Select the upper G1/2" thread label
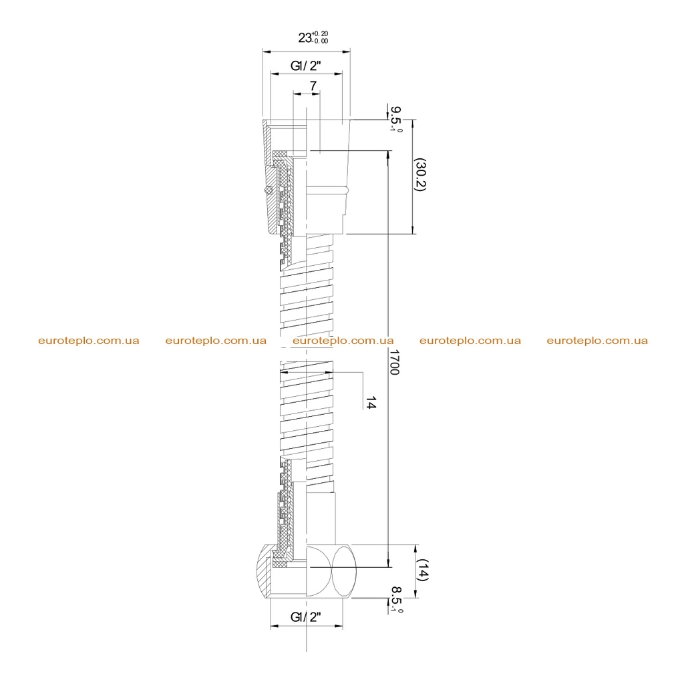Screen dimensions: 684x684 306,66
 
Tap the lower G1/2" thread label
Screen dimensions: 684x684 306,617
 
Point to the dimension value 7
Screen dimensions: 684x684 313,86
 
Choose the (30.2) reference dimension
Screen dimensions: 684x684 420,174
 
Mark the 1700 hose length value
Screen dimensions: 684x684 394,362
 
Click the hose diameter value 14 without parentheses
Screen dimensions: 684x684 370,403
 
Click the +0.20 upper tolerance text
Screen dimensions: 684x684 320,33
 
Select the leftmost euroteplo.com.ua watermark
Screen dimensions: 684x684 89,341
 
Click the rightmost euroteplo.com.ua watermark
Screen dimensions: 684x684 597,341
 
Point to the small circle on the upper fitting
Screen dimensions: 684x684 269,190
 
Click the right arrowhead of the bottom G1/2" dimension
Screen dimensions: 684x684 339,627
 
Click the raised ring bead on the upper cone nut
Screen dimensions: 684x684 327,190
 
